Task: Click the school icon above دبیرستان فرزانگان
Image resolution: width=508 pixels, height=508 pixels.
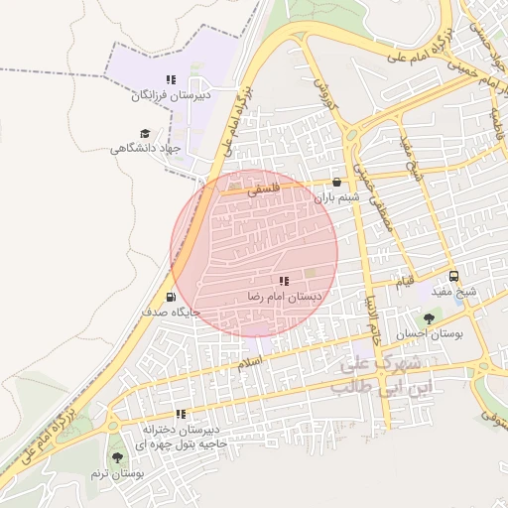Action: (x=171, y=79)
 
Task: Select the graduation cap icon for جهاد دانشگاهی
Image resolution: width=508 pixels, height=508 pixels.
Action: (x=145, y=132)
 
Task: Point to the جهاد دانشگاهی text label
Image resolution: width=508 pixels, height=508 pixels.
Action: (x=148, y=148)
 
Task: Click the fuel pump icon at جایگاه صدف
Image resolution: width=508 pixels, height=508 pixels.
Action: (x=171, y=296)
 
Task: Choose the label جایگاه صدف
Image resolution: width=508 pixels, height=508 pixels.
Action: (x=171, y=312)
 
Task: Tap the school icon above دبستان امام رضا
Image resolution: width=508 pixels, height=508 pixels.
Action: (x=285, y=282)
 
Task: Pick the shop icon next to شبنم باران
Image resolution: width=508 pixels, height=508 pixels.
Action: (x=337, y=183)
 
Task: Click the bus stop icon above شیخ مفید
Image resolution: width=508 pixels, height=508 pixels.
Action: (x=453, y=277)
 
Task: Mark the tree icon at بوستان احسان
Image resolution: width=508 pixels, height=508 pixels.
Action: (x=428, y=318)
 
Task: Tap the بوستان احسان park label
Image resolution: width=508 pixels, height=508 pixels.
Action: (x=430, y=334)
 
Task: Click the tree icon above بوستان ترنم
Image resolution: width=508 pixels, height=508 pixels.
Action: (x=118, y=457)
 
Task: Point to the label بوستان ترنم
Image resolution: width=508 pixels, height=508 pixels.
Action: (x=118, y=473)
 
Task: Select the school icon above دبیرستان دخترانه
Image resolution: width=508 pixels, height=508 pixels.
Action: (x=181, y=414)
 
